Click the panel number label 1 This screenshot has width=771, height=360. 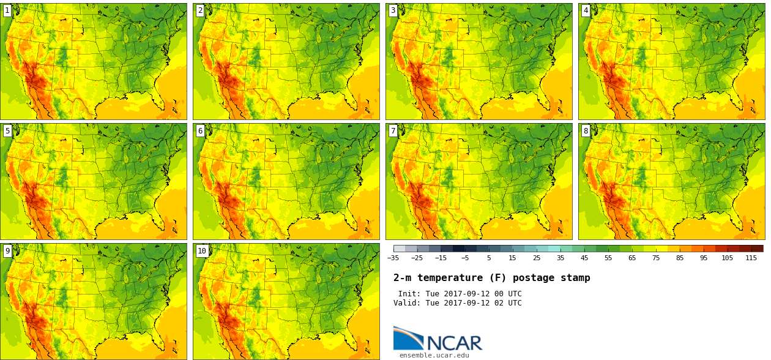click(x=7, y=10)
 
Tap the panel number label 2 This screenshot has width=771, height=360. click(x=200, y=10)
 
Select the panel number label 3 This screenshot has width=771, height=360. click(x=393, y=10)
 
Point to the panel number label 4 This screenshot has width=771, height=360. click(x=586, y=10)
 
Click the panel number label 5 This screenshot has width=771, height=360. click(x=7, y=130)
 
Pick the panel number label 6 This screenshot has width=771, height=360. click(x=200, y=130)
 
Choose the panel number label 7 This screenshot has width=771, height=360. click(x=393, y=130)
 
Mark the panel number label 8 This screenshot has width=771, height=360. click(x=586, y=130)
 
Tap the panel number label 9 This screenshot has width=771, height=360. click(x=7, y=250)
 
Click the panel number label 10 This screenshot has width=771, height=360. click(x=202, y=250)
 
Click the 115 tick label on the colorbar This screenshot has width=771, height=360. click(x=751, y=258)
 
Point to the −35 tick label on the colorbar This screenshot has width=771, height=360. click(x=393, y=258)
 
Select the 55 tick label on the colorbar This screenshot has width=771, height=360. click(x=608, y=258)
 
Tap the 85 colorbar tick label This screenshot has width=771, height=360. click(x=679, y=258)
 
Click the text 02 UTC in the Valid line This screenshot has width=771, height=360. click(x=506, y=303)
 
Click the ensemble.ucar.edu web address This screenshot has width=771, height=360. click(x=434, y=355)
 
